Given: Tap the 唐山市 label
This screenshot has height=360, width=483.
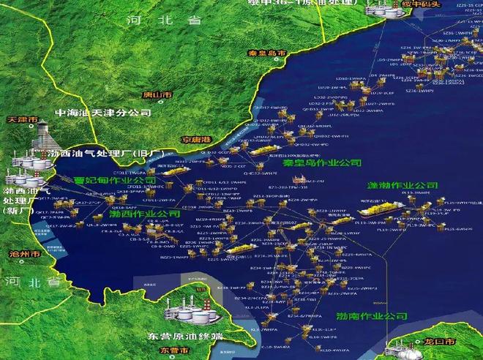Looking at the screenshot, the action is tap(157, 95).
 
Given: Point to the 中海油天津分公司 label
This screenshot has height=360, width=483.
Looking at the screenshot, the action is tap(103, 113).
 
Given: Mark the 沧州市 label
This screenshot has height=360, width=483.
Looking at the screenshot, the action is tap(16, 255).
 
